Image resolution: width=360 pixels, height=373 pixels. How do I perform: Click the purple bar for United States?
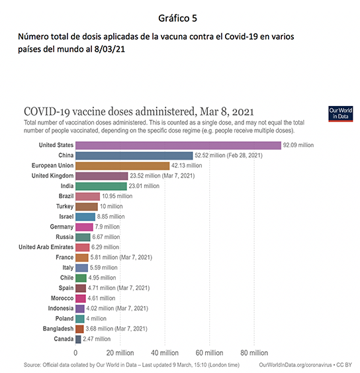coord(178,145)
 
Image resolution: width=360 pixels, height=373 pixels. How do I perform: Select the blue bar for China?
coord(134,156)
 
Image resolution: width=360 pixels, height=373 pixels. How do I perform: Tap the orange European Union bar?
coord(122,166)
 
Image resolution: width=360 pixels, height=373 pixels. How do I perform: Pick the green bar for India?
coord(101,186)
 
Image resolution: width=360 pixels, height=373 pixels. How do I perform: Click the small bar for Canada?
coord(78,339)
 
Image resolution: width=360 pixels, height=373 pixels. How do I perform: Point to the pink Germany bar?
coord(84,227)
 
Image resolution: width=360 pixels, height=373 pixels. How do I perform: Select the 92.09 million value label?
coord(298,145)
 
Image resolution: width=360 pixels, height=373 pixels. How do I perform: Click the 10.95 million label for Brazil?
coord(117,196)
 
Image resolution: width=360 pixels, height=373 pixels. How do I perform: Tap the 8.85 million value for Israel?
coord(111,217)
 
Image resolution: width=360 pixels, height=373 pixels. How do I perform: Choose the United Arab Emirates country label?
coord(46,247)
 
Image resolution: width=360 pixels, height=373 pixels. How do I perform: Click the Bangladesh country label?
coord(58,329)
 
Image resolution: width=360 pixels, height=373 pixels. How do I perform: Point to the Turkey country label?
coord(65,207)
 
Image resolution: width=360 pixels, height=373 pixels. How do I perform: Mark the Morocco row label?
coord(62,298)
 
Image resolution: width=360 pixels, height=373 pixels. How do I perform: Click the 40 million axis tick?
coord(165,353)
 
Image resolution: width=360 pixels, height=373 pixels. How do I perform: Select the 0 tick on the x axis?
coord(75,353)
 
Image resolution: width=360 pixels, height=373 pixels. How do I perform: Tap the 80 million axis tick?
coord(254,353)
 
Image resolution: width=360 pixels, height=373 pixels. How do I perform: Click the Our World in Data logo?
coord(341,114)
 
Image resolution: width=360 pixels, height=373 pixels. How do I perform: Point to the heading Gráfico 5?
coord(178,19)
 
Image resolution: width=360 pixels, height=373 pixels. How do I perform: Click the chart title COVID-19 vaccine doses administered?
coord(139,111)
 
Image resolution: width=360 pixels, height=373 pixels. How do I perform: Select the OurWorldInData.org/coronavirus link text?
coord(295,365)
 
